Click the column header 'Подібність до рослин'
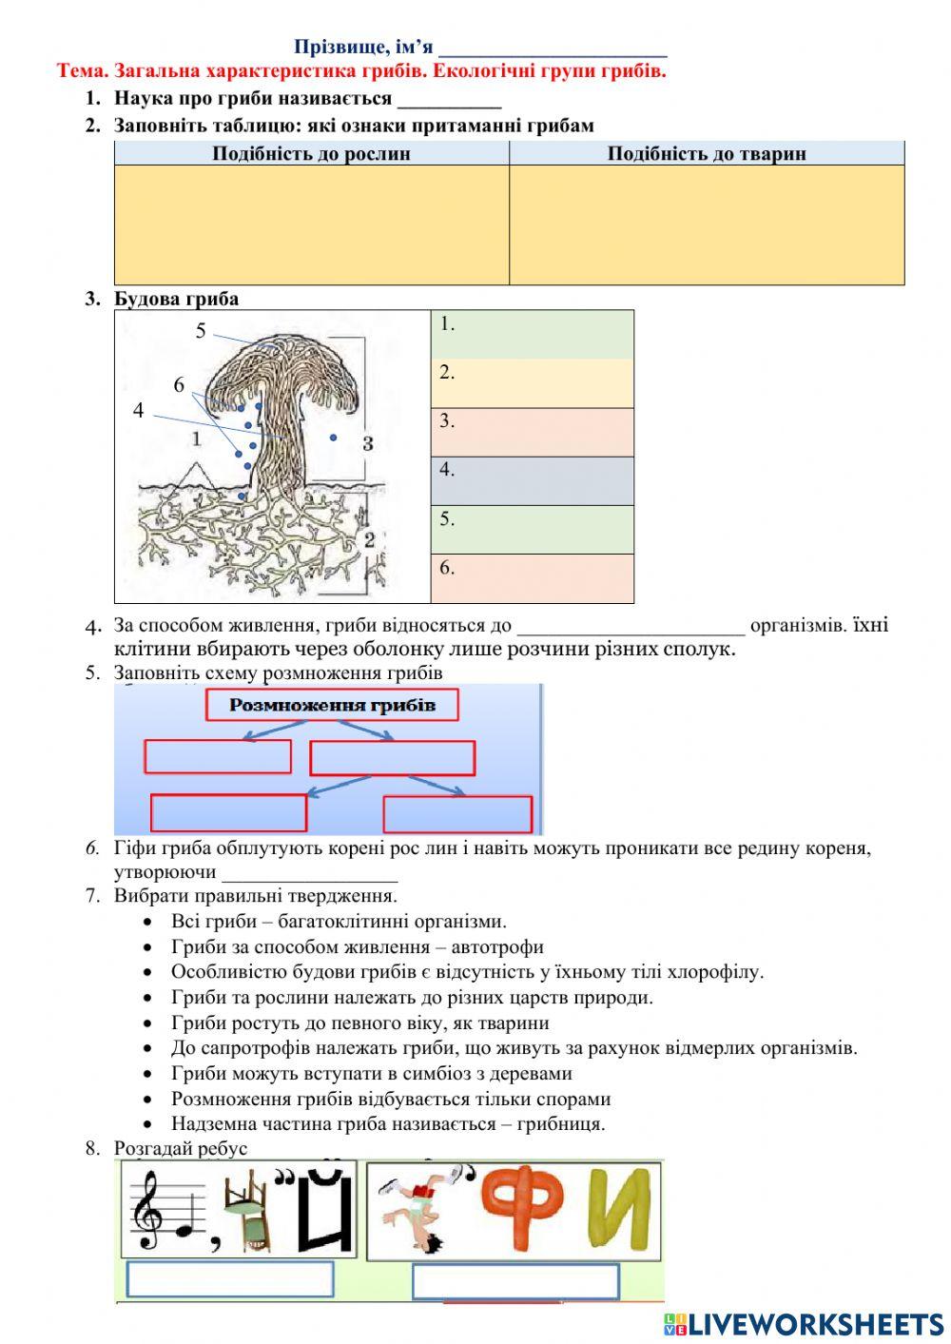point(311,153)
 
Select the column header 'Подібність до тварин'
point(707,153)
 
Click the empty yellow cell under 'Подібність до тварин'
point(707,224)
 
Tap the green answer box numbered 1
point(533,334)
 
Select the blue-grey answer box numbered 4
point(533,480)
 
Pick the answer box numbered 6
point(533,578)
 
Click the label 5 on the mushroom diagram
point(201,330)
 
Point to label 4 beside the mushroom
point(139,411)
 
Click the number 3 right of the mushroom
point(368,442)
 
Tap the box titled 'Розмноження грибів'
point(332,705)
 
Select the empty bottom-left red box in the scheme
point(228,813)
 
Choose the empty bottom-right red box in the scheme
point(457,815)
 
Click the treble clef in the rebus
point(147,1210)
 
